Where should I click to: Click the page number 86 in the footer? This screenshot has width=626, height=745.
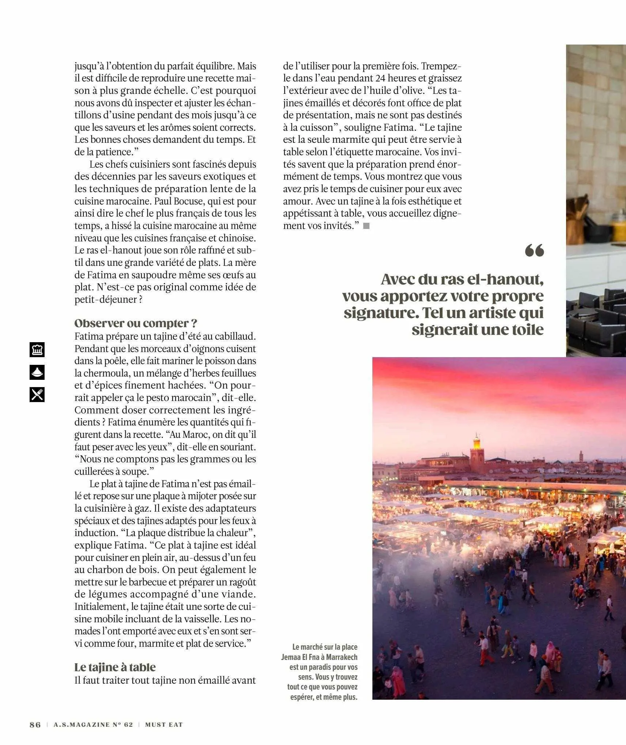tap(35, 725)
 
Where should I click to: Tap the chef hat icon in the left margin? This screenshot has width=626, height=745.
tap(37, 349)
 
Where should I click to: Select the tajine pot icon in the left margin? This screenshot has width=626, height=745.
tap(37, 372)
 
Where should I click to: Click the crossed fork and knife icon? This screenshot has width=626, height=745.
tap(37, 394)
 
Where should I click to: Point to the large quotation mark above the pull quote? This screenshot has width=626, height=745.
tap(534, 251)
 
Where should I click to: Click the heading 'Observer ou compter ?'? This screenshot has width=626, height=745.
tap(136, 323)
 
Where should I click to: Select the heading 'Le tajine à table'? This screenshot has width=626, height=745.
tap(115, 667)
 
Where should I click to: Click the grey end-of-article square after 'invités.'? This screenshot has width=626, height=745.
tap(367, 226)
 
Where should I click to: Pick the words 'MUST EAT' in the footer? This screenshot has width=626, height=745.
tap(164, 725)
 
